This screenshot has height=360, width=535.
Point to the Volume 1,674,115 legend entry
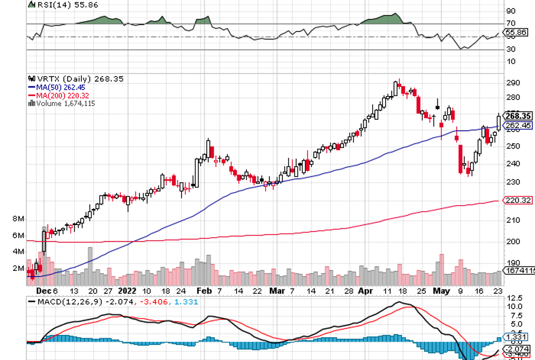point(62,103)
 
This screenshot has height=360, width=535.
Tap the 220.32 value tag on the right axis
point(517,201)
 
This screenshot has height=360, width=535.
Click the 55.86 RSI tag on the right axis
point(517,33)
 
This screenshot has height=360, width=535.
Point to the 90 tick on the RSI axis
point(511,11)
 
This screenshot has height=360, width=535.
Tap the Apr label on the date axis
point(364,290)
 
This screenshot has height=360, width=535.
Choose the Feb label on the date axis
point(204,290)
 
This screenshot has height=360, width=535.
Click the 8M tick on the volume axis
point(18,219)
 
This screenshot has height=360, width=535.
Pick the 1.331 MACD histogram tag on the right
point(517,338)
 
